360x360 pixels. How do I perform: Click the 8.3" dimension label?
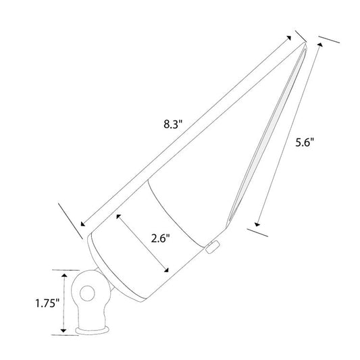173,124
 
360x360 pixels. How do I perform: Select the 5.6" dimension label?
304,143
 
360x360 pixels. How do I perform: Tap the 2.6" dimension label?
160,238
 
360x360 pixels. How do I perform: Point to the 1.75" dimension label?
47,303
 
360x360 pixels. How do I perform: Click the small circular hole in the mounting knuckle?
87,294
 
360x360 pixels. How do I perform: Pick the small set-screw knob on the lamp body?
212,247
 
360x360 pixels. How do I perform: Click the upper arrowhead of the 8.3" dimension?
289,38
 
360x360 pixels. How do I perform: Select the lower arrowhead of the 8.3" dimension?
83,224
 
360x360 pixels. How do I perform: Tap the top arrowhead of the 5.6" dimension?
320,45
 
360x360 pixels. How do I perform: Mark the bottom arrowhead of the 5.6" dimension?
257,224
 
